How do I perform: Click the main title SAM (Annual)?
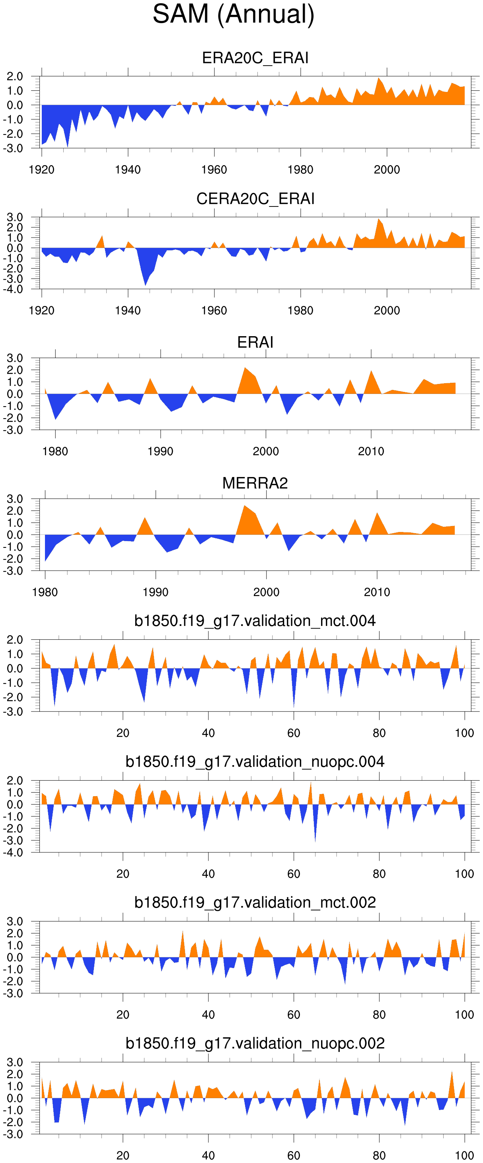(234, 14)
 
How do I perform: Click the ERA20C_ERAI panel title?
(255, 58)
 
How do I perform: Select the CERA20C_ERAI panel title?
(255, 199)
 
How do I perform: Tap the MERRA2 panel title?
(255, 483)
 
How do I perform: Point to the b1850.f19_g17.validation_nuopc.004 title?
(255, 762)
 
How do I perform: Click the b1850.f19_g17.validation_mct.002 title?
(255, 902)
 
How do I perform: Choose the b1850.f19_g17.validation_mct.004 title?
(255, 621)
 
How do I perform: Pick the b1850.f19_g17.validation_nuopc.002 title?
(255, 1043)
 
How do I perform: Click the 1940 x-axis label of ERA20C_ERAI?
(128, 170)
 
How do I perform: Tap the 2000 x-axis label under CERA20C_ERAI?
(387, 311)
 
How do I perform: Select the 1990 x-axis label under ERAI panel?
(160, 452)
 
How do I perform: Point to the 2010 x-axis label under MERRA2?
(377, 592)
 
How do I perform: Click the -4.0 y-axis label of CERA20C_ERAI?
(14, 289)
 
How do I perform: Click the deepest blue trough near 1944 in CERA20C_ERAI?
(145, 284)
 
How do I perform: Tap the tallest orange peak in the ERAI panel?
(245, 368)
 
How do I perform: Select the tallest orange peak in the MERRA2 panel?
(245, 506)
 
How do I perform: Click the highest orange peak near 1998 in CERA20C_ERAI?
(379, 219)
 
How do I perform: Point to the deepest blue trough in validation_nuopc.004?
(315, 840)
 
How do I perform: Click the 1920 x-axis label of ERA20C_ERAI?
(41, 170)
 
